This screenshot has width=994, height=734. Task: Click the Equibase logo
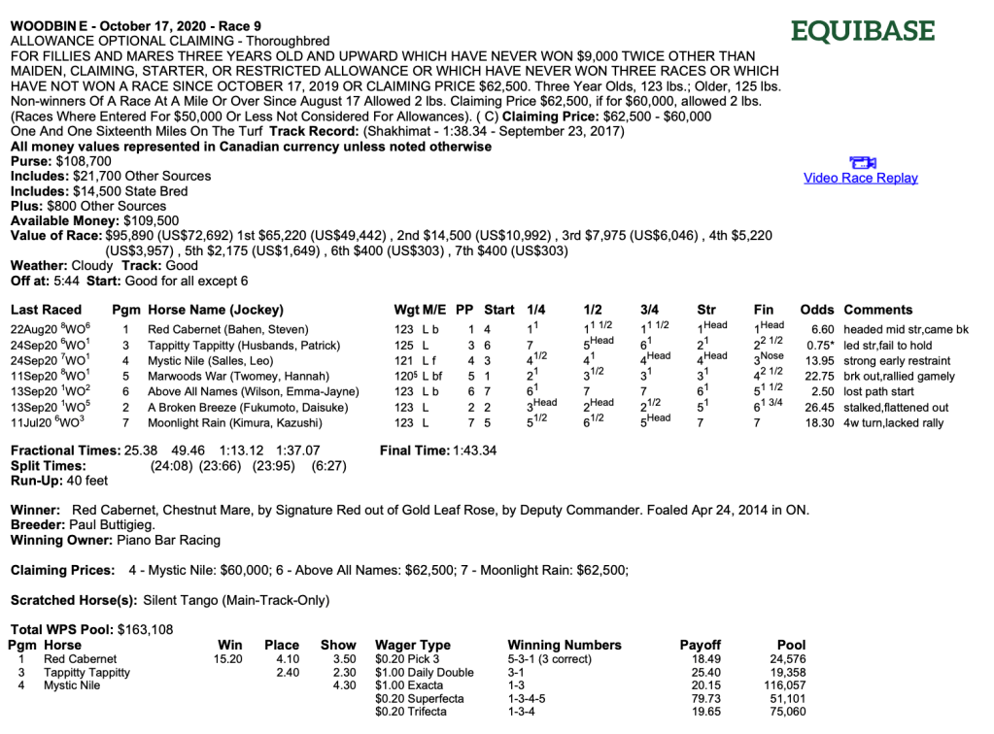863,31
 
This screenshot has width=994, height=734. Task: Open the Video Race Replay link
860,178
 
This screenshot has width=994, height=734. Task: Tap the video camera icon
862,162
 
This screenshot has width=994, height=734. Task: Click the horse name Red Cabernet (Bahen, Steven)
227,330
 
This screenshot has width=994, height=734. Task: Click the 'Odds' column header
817,310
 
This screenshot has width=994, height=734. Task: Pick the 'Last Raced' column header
46,310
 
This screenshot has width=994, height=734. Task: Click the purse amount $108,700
84,161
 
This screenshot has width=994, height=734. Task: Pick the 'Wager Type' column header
413,645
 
